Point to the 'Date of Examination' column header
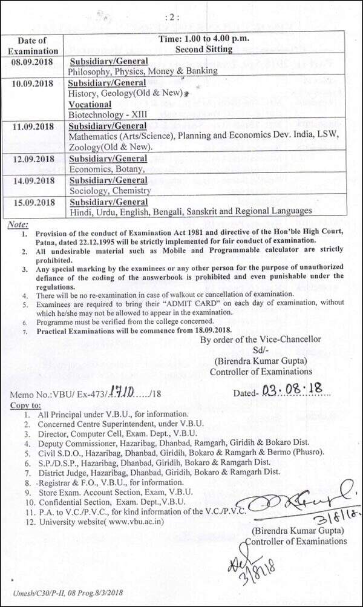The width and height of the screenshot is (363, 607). (x=33, y=46)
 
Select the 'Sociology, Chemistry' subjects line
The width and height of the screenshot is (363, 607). (x=110, y=191)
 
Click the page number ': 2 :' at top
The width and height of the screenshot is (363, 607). (x=181, y=17)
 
